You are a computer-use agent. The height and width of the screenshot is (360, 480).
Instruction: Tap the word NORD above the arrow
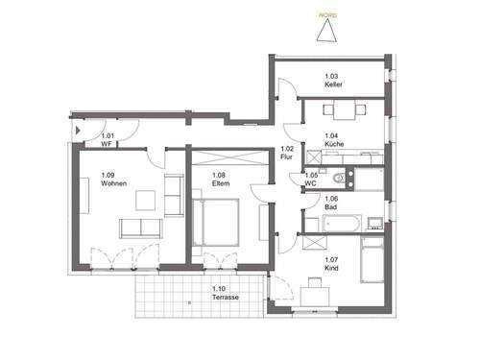coord(328,13)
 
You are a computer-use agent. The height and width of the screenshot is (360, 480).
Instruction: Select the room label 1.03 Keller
coord(333,81)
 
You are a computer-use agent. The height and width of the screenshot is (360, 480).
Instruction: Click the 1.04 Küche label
coord(333,140)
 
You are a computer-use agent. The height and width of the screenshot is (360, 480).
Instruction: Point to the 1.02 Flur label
coord(287,152)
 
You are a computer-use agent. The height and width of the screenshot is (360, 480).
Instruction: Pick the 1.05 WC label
coord(312,179)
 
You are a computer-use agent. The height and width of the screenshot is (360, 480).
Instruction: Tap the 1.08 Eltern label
coord(219,179)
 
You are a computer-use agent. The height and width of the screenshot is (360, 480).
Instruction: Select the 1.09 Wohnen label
coord(113,179)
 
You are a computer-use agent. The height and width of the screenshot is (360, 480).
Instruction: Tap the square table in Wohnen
coord(145,201)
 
